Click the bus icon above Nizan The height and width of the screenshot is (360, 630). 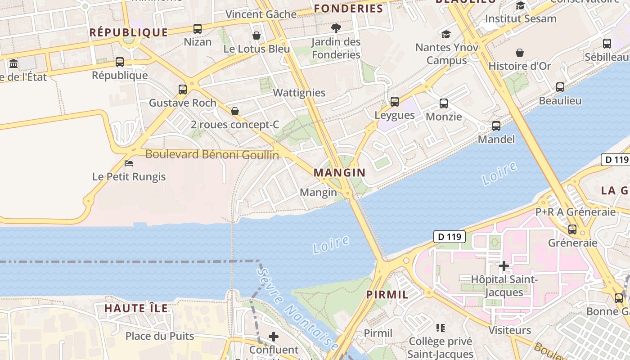pos(198,29)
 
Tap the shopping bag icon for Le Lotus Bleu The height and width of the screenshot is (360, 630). pos(256,35)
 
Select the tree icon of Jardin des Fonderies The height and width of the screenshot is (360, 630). pos(336,28)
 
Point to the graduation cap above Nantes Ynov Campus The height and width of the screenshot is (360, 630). pos(446,34)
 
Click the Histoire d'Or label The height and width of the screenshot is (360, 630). pos(519,66)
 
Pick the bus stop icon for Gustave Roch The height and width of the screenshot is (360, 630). pos(183,89)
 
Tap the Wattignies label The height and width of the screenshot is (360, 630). pos(299,93)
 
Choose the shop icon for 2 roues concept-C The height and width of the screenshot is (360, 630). pos(235,111)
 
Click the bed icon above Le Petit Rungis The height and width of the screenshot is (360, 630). pos(129,163)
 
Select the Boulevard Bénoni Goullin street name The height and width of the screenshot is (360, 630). pos(212,155)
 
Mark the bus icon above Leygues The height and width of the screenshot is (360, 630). pos(395,102)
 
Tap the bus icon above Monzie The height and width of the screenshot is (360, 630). pos(444,103)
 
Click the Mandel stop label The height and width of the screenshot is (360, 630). pos(496,139)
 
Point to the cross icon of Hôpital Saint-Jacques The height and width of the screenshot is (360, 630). pos(504,266)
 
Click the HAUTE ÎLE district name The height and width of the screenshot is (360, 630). pos(136,308)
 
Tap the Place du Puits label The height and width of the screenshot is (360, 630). pos(160,336)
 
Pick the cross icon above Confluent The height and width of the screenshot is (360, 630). pos(274,336)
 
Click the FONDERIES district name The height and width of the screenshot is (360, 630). pos(348,8)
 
